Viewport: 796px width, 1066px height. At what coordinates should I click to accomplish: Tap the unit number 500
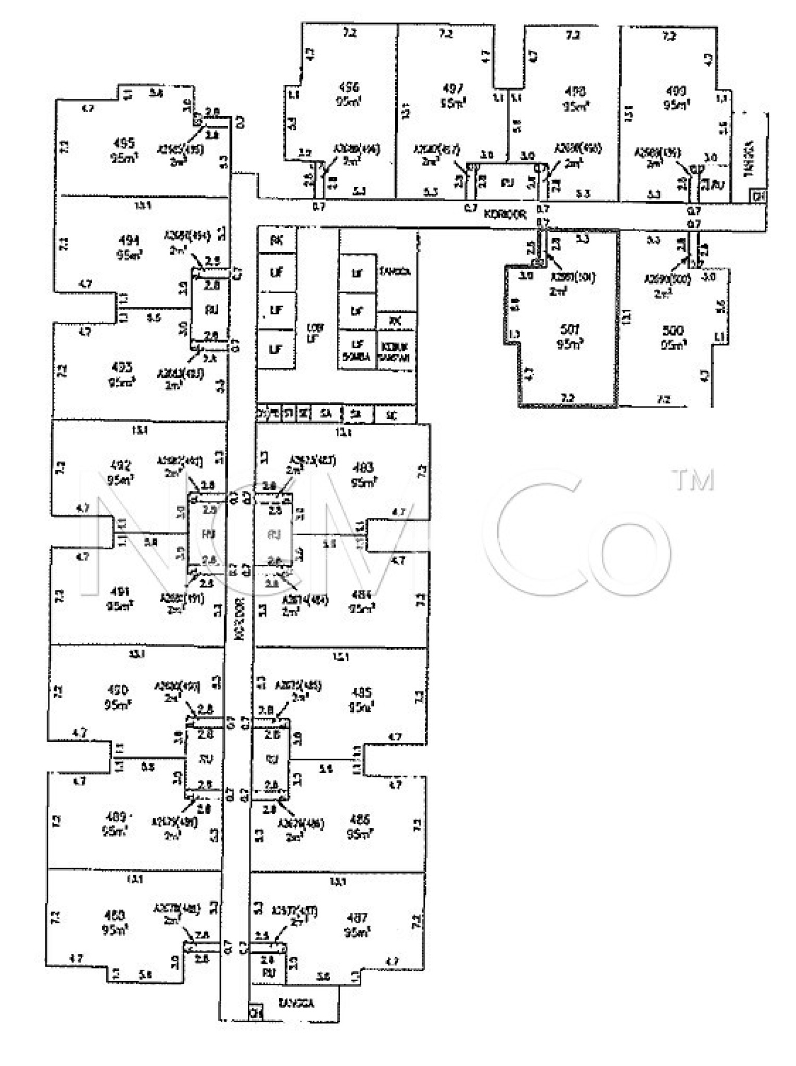click(673, 330)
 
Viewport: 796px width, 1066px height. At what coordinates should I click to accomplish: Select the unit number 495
click(124, 143)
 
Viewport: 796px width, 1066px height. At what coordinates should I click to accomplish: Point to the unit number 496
click(348, 87)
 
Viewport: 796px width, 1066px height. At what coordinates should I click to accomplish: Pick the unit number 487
click(358, 918)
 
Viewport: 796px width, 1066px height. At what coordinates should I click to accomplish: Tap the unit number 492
click(119, 465)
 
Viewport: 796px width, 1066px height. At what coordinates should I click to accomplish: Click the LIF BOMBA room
click(357, 350)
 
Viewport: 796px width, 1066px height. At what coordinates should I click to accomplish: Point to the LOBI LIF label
click(315, 333)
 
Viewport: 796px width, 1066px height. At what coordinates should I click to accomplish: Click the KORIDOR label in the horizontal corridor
click(505, 213)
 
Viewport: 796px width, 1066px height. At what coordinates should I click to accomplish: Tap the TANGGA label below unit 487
click(296, 1002)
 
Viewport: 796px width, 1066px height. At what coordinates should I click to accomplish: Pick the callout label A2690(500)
click(667, 280)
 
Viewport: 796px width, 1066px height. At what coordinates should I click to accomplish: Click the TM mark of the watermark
click(694, 480)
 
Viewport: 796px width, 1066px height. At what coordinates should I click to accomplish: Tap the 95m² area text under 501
click(570, 344)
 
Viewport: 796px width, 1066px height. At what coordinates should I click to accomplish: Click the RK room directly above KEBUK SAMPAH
click(395, 321)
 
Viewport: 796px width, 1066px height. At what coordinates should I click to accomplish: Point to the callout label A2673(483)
click(312, 461)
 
